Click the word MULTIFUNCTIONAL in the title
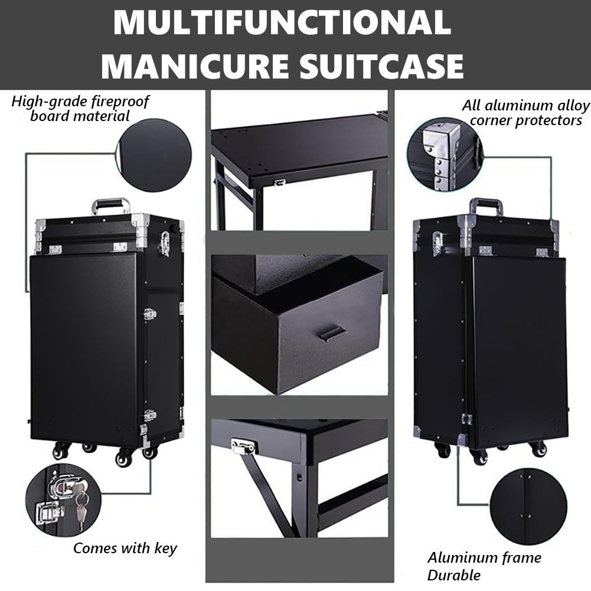(x=282, y=22)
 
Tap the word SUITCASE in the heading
(x=381, y=66)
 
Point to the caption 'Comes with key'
(x=125, y=548)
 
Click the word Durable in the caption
(x=454, y=576)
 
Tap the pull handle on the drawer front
(x=331, y=334)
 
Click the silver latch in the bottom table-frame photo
(x=242, y=447)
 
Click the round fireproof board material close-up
(x=155, y=155)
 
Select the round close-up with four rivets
(x=528, y=507)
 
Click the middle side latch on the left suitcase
(x=149, y=315)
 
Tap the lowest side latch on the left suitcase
(x=151, y=416)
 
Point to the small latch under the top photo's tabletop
(x=279, y=182)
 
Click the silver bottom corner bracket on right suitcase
(x=462, y=439)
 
